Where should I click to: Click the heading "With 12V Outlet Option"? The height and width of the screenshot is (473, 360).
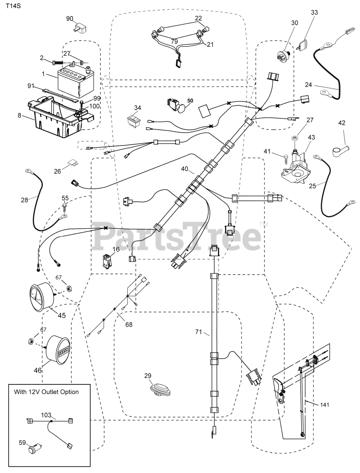[x=46, y=392]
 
